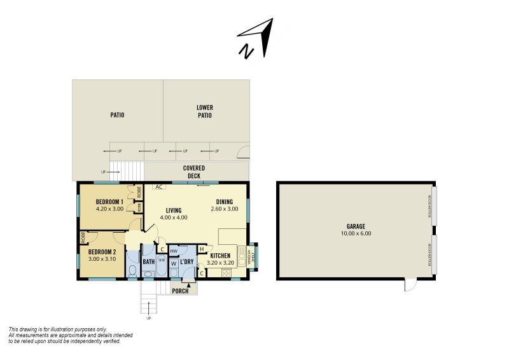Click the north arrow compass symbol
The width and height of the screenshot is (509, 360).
256,38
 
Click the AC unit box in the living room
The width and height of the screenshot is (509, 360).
159,187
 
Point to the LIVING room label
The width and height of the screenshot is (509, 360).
174,211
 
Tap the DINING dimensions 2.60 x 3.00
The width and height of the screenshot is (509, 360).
224,209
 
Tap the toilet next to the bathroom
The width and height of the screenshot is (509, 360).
132,270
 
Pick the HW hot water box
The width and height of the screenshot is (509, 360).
174,251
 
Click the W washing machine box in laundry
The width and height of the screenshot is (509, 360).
174,263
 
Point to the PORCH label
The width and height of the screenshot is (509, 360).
180,291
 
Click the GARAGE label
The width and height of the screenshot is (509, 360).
356,226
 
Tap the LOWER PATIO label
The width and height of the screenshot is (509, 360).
204,111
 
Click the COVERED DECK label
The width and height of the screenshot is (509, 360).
194,172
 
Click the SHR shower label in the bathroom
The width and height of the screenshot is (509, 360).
160,260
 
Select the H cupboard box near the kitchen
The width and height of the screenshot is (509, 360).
202,249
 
